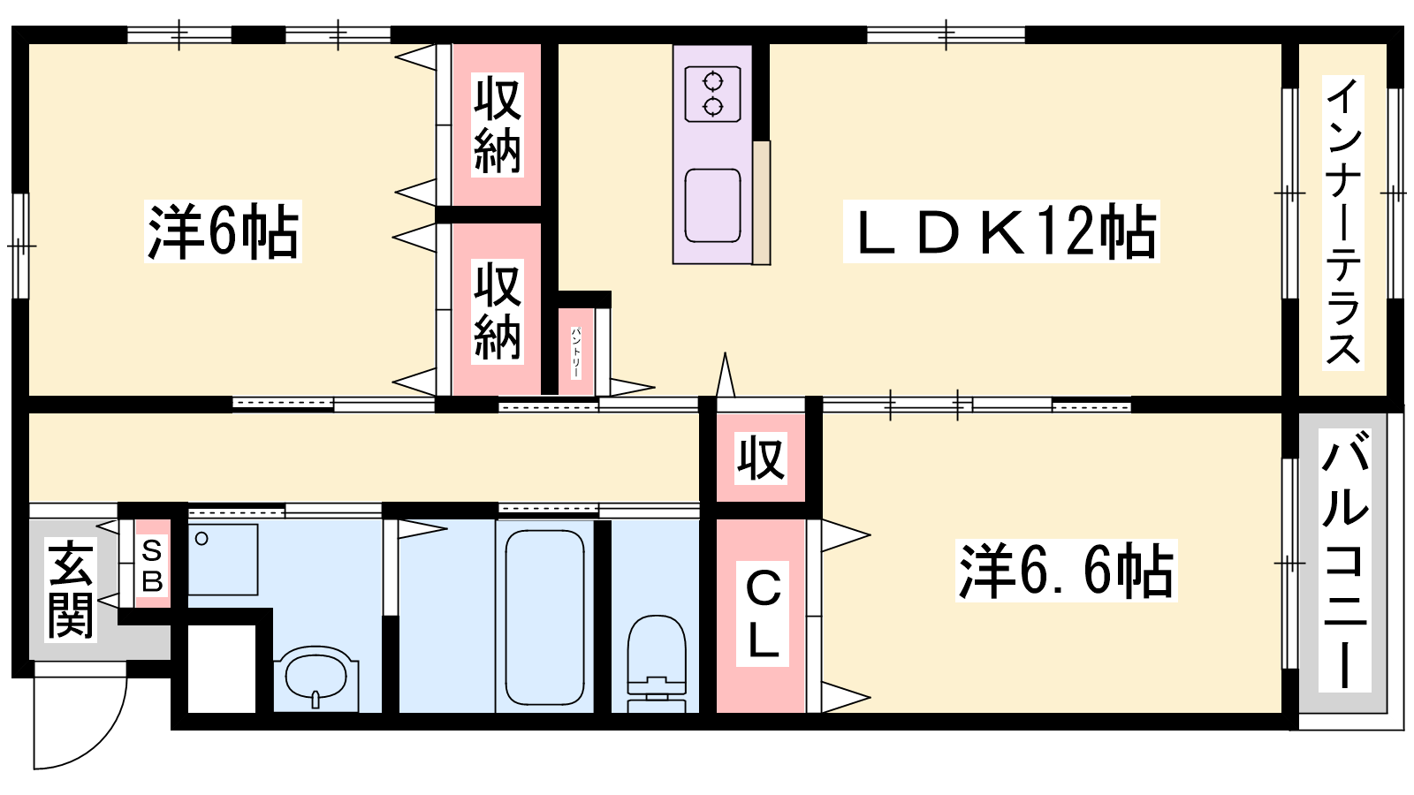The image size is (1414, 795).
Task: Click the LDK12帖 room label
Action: (x=1001, y=231)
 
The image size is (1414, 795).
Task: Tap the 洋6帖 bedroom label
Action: (x=223, y=231)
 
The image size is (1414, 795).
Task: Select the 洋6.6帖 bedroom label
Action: (x=1066, y=571)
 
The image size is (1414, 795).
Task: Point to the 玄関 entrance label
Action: (x=71, y=590)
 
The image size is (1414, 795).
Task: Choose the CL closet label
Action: (x=763, y=614)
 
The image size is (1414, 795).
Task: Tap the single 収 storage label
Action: (x=761, y=458)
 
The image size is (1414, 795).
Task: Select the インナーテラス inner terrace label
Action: (x=1343, y=222)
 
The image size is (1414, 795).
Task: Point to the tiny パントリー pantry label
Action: (x=575, y=352)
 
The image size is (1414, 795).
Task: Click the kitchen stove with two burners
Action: (x=712, y=94)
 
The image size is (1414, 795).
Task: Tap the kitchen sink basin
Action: (x=712, y=206)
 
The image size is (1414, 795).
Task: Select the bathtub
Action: (x=544, y=617)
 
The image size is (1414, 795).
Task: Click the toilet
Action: (x=657, y=663)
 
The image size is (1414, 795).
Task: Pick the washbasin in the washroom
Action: (x=316, y=677)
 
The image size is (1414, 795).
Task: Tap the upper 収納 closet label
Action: (x=498, y=125)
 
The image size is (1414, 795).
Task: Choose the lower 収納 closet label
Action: (x=498, y=312)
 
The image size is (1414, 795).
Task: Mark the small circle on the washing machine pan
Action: (x=201, y=539)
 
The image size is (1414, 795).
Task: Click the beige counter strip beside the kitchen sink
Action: (x=761, y=202)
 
